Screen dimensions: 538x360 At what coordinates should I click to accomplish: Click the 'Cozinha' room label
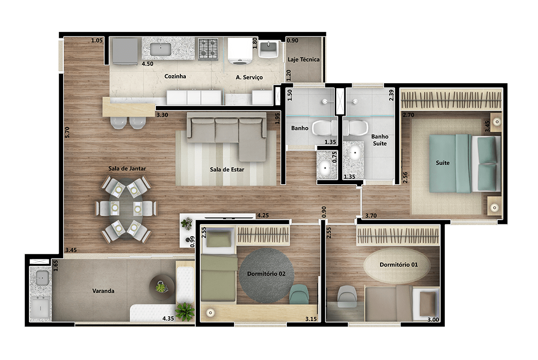tap(175, 76)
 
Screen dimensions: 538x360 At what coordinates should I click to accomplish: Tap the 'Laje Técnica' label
tap(303, 59)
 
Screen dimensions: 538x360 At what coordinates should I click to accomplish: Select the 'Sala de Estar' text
tap(227, 169)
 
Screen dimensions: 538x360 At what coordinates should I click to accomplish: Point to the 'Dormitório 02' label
tap(266, 273)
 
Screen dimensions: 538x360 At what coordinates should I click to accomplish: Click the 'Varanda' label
tap(103, 291)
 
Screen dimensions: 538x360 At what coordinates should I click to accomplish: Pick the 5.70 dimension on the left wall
tap(67, 132)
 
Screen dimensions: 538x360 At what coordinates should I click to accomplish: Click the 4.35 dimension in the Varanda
tap(168, 319)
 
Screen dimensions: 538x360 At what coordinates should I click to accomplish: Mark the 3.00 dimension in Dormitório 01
tap(433, 320)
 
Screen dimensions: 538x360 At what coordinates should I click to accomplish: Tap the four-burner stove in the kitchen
tap(208, 48)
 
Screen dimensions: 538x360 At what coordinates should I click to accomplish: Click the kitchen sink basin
tap(160, 49)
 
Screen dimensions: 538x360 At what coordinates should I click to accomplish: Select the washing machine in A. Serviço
tap(240, 51)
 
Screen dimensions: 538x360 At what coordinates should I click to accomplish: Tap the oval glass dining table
tap(126, 209)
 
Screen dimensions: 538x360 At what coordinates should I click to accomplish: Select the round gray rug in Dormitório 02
tap(267, 275)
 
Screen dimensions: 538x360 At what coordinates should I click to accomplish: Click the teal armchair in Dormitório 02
tap(299, 294)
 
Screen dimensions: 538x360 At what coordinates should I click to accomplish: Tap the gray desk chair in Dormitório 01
tap(347, 296)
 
